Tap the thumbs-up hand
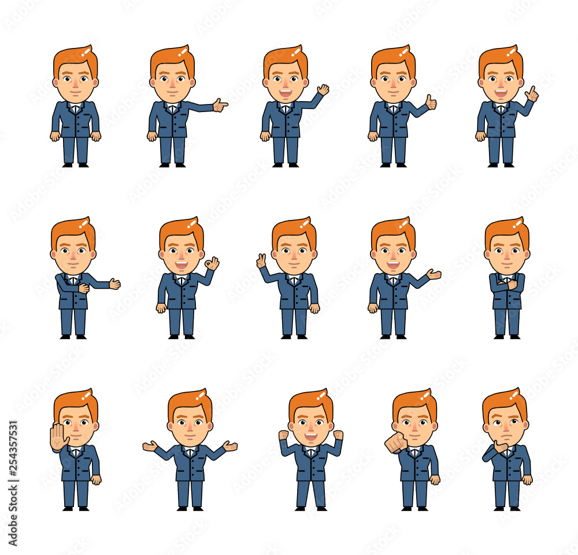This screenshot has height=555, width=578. tap(431, 103)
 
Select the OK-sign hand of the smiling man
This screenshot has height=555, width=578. tap(212, 264)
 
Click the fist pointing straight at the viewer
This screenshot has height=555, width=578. tap(396, 442)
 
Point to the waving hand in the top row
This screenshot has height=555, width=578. tap(323, 90)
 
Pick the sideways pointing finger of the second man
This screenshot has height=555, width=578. tap(220, 105)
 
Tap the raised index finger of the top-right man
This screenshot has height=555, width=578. tap(532, 94)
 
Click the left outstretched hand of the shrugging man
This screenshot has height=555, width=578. tap(150, 446)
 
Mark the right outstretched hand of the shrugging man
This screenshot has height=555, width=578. tap(230, 446)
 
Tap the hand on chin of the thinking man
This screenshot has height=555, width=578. tap(501, 446)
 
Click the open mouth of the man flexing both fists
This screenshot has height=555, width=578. tap(311, 437)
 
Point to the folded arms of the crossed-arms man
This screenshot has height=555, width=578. tap(507, 283)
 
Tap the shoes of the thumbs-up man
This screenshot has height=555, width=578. tap(392, 165)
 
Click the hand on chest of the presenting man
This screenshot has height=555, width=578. tap(84, 288)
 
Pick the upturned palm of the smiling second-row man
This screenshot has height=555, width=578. tap(433, 274)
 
